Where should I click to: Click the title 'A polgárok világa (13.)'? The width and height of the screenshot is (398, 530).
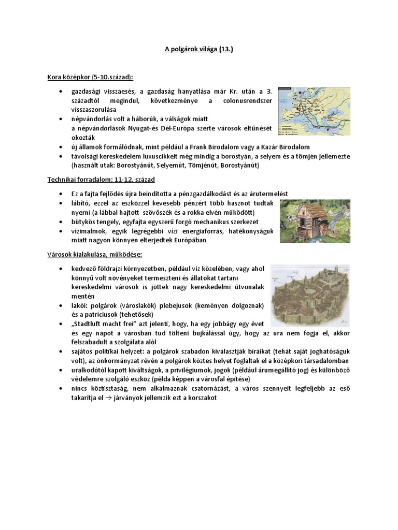(199, 49)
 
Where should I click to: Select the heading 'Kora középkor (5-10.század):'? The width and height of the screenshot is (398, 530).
(90, 77)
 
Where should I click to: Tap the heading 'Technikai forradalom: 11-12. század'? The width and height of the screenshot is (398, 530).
(101, 179)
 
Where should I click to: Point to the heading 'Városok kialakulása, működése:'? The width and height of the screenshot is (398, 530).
(94, 255)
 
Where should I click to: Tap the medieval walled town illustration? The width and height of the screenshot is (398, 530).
(310, 296)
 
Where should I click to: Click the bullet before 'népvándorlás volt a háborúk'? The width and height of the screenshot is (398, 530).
(61, 119)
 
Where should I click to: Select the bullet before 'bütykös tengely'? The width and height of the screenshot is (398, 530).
(61, 222)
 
